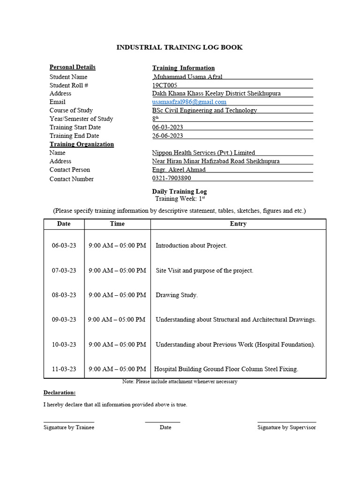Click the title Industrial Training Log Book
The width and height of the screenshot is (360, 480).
180,47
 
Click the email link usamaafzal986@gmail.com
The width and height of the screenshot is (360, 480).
189,102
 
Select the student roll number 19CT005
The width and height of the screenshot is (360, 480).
165,85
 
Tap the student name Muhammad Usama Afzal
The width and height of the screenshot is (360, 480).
188,77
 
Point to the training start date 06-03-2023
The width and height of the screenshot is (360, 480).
167,127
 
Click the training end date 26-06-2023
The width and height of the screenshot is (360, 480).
167,136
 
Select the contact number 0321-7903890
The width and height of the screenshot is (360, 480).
171,178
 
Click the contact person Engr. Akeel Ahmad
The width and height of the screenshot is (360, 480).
179,170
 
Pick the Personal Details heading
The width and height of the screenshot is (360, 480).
72,67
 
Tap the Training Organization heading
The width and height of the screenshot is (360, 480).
82,144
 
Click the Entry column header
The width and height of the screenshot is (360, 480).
238,224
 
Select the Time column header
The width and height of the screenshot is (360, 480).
117,224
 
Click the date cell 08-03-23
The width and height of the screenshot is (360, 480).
64,295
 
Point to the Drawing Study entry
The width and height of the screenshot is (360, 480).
177,295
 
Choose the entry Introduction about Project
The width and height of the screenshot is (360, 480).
191,246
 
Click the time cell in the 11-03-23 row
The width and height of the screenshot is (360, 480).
117,369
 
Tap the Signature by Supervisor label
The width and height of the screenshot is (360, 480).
286,427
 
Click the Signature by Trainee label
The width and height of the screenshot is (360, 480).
69,427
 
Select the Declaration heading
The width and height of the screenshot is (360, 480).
60,393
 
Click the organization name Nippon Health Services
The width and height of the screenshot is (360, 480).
203,153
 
